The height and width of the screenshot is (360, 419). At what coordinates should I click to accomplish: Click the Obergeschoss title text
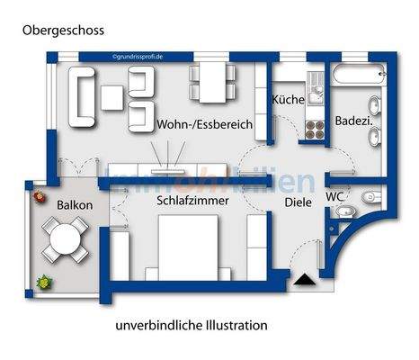coord(63,30)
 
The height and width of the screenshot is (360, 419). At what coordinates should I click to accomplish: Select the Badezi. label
coord(354,120)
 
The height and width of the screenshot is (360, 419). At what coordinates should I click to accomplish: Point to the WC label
coord(334,195)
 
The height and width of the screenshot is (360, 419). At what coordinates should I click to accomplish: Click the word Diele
coord(298,202)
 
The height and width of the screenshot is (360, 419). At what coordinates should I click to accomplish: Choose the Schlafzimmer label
coord(191,201)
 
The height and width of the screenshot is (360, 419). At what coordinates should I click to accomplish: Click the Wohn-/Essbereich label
coord(203,124)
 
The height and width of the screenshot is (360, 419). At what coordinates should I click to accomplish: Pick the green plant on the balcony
coord(42,283)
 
